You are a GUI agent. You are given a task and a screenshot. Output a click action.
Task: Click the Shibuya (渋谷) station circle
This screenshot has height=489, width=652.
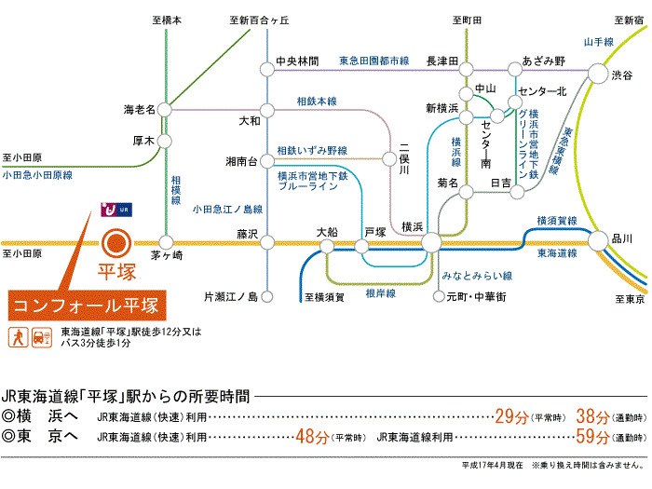[x=598, y=74]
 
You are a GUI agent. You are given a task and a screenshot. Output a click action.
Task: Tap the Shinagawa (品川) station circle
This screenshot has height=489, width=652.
[x=598, y=240]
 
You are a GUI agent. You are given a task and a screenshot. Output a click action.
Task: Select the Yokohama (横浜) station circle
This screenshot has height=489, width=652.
[x=431, y=242]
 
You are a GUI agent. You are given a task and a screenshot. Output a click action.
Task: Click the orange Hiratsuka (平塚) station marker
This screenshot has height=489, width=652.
[x=116, y=244]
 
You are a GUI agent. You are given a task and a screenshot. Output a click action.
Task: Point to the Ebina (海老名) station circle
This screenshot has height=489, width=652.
[x=165, y=110]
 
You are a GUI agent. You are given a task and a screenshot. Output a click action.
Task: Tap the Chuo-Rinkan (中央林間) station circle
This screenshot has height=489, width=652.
[x=267, y=70]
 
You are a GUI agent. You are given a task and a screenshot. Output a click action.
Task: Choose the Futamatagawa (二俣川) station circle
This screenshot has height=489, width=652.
[x=389, y=158]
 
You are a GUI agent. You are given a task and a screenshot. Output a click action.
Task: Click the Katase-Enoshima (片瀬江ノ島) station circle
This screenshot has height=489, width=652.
[x=267, y=296]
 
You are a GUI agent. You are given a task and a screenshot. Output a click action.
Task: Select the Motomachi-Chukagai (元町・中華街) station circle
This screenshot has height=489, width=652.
[x=439, y=296]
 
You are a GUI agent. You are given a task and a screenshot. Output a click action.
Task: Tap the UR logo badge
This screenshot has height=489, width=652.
[x=116, y=210]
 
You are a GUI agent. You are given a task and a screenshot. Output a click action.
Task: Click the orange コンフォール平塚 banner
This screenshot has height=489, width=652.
[x=87, y=306]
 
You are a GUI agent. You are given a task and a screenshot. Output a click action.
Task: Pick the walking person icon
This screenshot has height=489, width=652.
[x=19, y=337]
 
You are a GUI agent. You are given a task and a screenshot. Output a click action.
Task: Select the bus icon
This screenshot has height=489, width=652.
[x=42, y=337]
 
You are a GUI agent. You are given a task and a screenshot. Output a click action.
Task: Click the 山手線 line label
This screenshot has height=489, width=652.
[x=599, y=42]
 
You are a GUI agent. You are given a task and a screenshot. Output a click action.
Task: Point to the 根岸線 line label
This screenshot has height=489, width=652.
[x=380, y=293]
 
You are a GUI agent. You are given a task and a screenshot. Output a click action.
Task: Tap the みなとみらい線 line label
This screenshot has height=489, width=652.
[x=477, y=276]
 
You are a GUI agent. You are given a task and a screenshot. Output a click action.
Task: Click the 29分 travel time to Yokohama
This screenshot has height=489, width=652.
[x=511, y=416]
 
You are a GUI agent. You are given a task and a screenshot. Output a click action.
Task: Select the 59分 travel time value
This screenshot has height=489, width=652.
[x=592, y=437]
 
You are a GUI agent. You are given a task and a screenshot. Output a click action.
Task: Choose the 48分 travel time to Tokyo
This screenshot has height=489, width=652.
[x=312, y=437]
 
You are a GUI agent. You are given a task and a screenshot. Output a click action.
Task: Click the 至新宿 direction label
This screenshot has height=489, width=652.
[x=629, y=20]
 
